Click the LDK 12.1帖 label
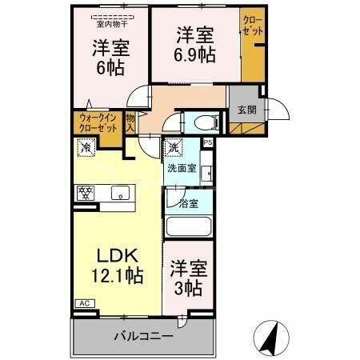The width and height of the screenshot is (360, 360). (119, 266)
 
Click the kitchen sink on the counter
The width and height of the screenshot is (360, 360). (122, 193)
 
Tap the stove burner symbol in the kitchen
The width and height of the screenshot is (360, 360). (86, 192)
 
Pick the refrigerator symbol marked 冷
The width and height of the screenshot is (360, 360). (85, 147)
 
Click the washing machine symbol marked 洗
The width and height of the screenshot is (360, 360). (174, 148)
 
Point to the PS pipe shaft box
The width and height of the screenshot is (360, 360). (207, 142)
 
